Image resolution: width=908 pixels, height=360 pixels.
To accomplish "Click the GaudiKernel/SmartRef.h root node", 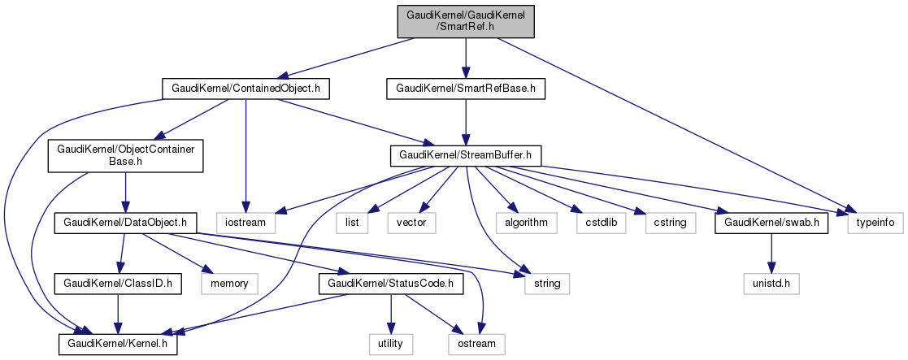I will point(465,19).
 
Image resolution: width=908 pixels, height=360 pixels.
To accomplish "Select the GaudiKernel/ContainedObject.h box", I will point(246,89).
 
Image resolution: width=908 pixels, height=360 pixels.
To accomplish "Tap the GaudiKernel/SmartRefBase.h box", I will point(465,89).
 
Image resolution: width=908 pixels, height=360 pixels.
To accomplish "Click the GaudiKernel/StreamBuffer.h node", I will point(465,154).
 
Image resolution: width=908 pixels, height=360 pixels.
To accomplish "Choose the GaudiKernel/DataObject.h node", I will point(121,221).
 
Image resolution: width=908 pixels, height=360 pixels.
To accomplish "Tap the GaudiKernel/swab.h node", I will point(771,221).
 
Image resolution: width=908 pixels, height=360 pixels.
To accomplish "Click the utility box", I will point(390,345).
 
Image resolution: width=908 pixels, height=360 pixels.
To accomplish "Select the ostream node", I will point(476,345).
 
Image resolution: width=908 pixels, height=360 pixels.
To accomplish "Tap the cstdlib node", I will point(602,221).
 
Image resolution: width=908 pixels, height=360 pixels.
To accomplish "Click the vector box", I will point(415,221).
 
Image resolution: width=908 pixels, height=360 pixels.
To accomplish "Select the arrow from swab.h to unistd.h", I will point(771,252).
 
